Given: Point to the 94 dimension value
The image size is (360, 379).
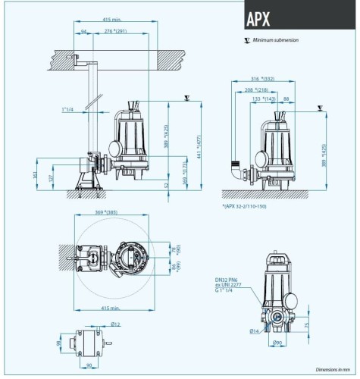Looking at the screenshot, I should [84, 31].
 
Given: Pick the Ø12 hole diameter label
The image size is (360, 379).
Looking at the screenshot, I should [116, 324].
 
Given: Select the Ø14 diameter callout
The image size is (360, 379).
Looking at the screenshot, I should [254, 331].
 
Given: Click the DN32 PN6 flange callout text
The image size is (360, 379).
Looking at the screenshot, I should [229, 280].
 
